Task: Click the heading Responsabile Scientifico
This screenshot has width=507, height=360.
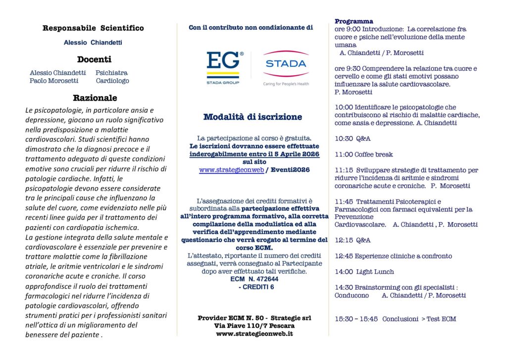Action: click(93, 28)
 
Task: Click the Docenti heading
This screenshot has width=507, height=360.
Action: click(94, 59)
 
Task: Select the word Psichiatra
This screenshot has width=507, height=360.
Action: click(111, 73)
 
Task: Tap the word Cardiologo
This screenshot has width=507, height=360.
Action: click(112, 81)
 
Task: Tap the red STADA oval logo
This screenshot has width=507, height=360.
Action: click(286, 63)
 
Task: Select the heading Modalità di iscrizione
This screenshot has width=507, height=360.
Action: click(252, 117)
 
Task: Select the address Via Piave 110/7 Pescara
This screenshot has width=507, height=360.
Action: click(254, 326)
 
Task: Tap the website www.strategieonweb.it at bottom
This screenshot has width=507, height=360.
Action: click(254, 334)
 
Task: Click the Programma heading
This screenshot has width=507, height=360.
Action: click(354, 21)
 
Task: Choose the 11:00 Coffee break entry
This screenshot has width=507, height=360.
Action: click(363, 154)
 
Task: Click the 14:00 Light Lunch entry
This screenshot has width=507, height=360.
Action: click(364, 272)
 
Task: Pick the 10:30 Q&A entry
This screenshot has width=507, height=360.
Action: click(353, 139)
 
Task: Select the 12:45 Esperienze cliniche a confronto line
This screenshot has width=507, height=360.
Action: click(393, 256)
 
